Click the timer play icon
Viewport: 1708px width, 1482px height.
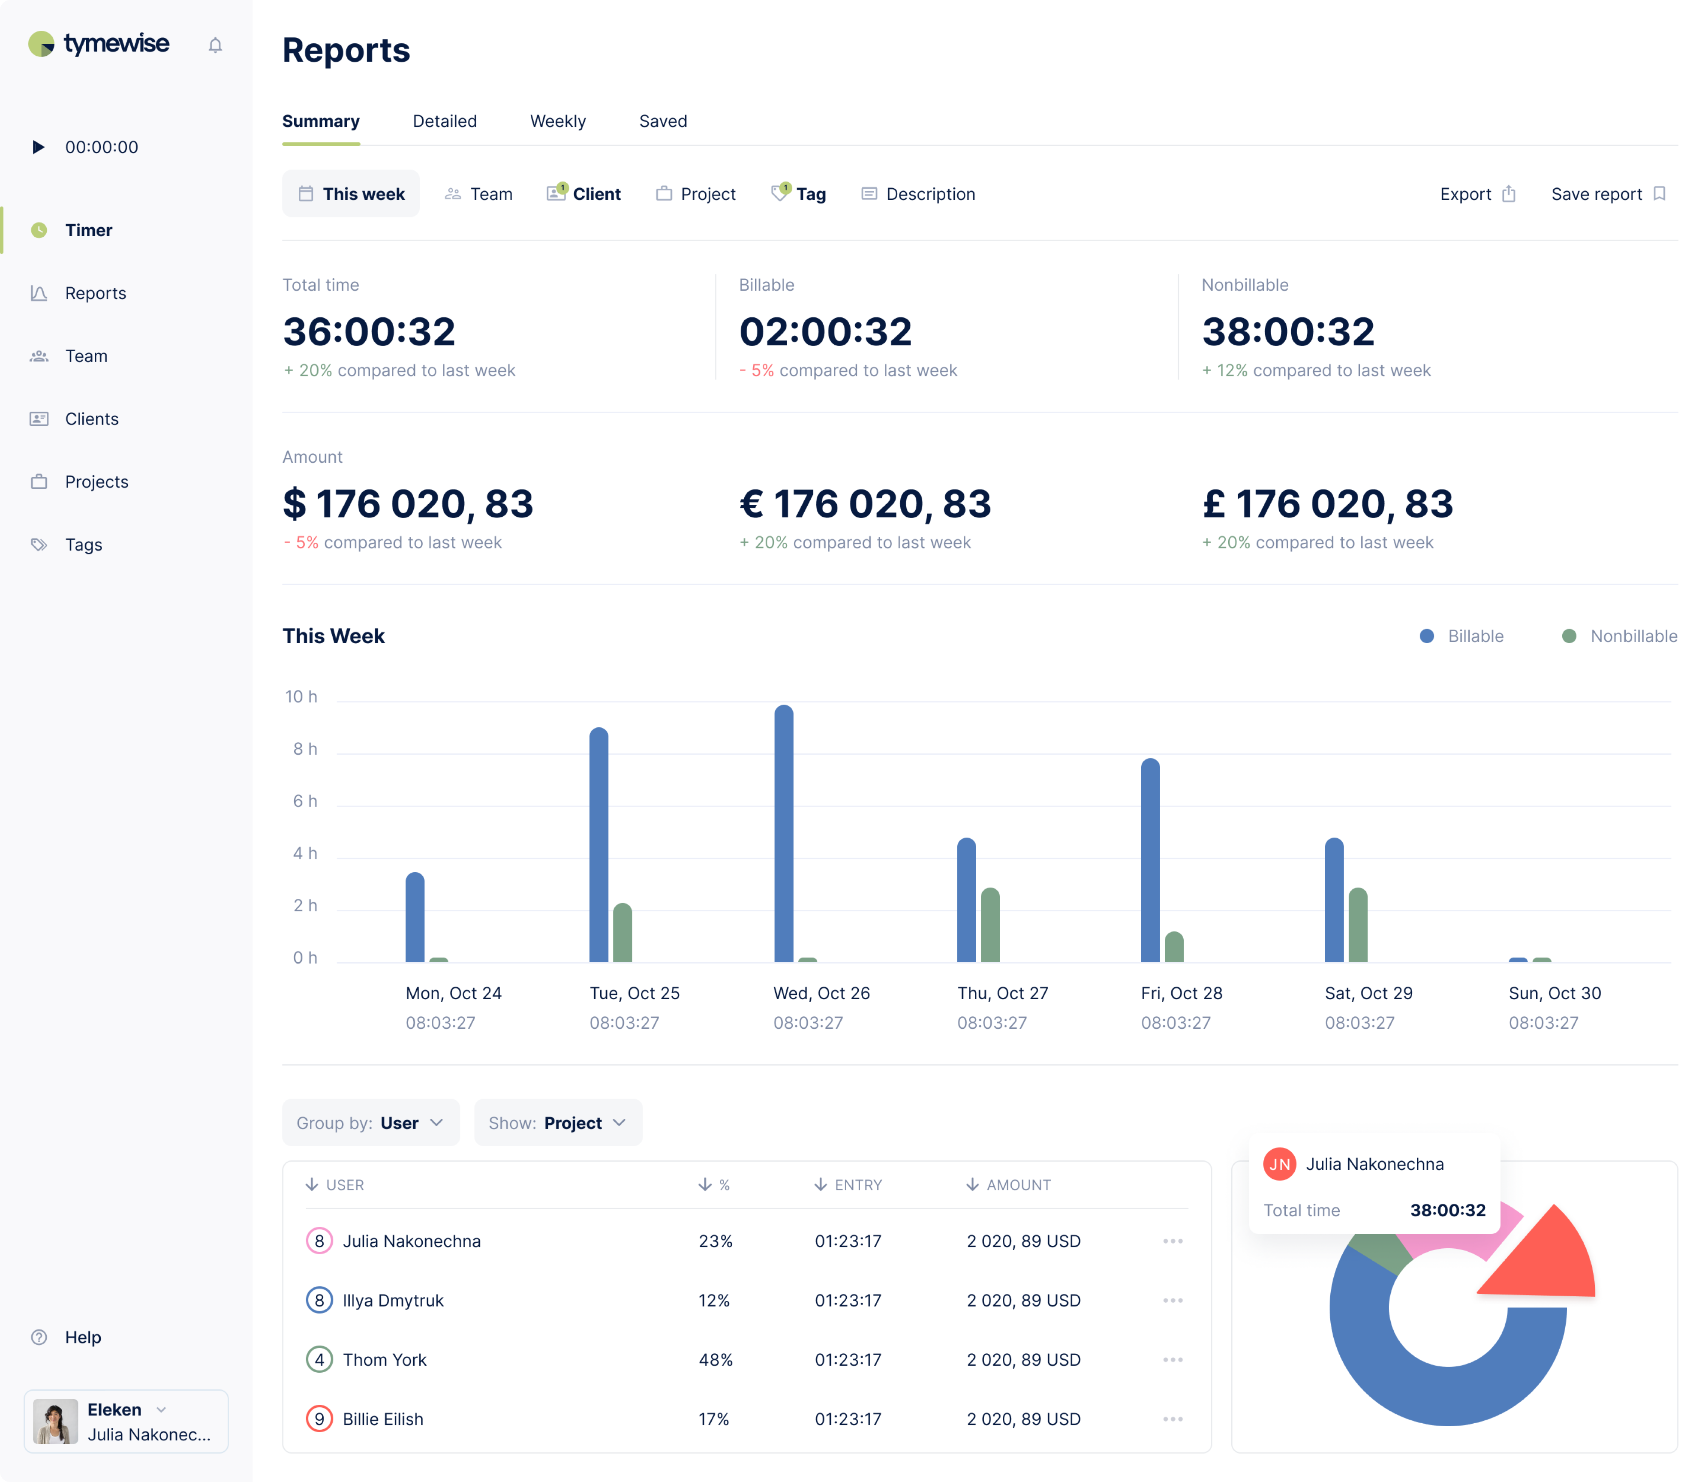click(38, 147)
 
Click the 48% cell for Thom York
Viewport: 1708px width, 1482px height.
click(715, 1360)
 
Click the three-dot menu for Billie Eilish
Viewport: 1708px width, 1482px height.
click(1172, 1419)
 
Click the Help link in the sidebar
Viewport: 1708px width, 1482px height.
click(83, 1337)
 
